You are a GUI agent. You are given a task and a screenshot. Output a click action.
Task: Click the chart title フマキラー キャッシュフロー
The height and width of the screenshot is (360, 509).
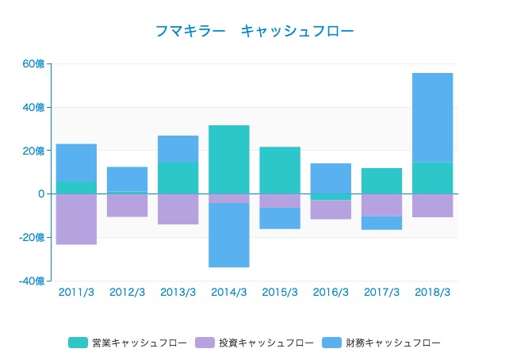pos(254,31)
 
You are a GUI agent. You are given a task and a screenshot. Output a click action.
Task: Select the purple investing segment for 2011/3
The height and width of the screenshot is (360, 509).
pos(76,219)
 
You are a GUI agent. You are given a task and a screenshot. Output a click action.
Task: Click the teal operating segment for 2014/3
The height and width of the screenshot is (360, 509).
pos(229,159)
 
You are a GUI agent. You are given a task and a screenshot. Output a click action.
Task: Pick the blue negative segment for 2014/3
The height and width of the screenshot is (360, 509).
pos(229,235)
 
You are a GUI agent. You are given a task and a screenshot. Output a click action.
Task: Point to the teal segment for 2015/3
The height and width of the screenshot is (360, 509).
pos(280,170)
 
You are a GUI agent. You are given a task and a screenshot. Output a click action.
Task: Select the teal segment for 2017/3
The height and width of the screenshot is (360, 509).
pos(381,181)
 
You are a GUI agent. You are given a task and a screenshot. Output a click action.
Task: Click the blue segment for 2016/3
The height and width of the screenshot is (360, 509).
pos(331,178)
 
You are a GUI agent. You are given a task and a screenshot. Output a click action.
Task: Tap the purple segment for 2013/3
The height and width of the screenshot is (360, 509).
pos(178,209)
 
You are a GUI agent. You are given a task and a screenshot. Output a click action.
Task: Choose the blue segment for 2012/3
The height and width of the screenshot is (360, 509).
pos(127,179)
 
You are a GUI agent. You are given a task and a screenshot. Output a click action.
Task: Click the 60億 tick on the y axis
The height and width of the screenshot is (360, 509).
pos(33,64)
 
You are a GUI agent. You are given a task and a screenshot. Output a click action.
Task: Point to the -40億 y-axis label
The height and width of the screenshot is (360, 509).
pos(31,281)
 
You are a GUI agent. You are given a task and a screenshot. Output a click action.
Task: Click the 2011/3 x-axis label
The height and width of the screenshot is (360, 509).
pos(76,293)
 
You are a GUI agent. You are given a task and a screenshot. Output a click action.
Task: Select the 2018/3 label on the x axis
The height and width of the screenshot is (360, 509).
pos(432,293)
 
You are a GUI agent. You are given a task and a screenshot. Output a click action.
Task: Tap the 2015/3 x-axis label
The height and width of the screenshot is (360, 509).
pos(280,293)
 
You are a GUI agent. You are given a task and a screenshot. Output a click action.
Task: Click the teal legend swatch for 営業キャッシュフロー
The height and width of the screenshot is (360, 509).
pos(78,343)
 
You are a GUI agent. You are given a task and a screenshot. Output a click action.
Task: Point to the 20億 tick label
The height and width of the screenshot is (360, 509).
pos(33,151)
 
